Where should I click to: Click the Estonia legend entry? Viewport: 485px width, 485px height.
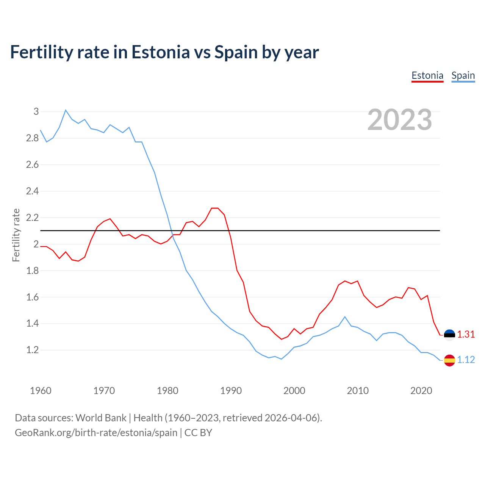[x=427, y=76]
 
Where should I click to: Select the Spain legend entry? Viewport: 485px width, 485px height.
[x=463, y=76]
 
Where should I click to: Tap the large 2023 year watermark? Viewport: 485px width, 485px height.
[x=400, y=120]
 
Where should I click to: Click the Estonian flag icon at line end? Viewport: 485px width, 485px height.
[x=449, y=335]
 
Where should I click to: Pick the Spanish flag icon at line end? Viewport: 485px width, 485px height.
[x=449, y=360]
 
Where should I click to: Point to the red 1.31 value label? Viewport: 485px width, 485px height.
[x=466, y=335]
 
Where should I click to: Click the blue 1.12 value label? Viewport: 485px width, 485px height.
[x=466, y=360]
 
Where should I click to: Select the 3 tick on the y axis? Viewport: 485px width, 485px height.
[x=36, y=111]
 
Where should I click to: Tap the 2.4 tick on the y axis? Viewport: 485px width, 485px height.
[x=33, y=191]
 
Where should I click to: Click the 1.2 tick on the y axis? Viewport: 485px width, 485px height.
[x=33, y=350]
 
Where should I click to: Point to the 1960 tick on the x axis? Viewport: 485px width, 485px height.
[x=41, y=391]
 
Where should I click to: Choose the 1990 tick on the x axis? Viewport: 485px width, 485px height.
[x=231, y=391]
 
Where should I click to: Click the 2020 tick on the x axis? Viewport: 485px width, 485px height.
[x=421, y=391]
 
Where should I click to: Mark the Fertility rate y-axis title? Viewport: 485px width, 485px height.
[x=16, y=235]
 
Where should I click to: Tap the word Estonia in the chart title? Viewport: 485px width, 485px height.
[x=161, y=52]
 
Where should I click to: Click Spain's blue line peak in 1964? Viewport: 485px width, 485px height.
[x=66, y=110]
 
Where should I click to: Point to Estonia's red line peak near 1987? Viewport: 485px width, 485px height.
[x=214, y=208]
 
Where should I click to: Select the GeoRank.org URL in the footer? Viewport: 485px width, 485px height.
[x=96, y=433]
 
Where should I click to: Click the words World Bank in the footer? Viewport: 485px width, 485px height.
[x=101, y=418]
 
